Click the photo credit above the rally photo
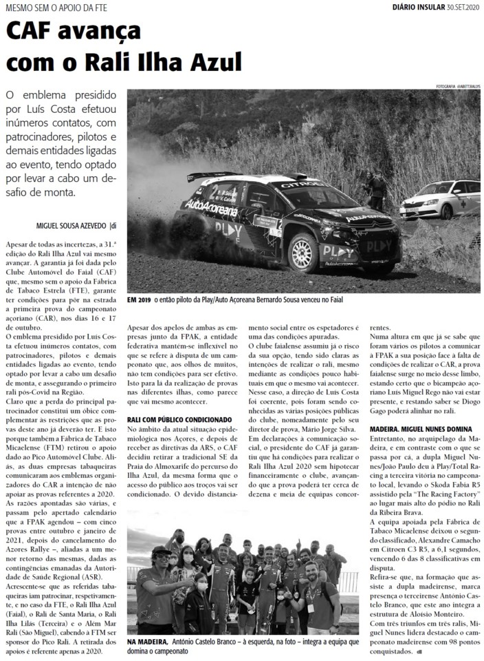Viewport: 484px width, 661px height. [x=458, y=86]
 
